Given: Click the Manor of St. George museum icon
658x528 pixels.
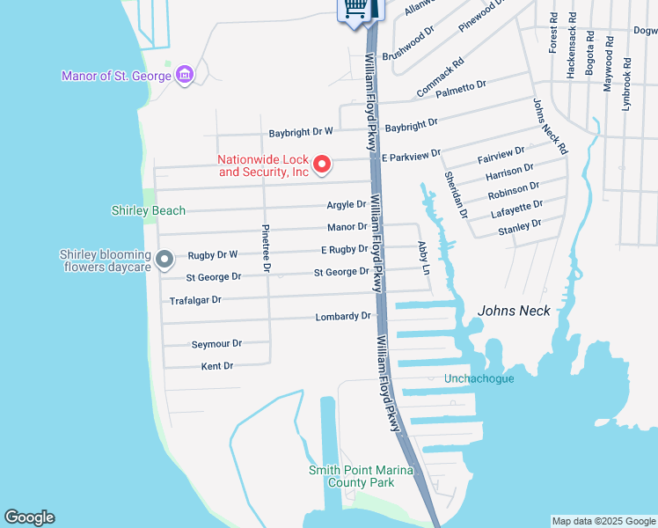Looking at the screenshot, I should [x=185, y=75].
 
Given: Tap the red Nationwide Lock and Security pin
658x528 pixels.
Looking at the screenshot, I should [x=322, y=164].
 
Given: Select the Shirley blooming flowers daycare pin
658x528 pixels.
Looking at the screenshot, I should [x=164, y=259].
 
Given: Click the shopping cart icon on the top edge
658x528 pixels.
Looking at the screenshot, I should [x=355, y=8].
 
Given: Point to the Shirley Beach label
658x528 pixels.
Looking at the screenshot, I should [x=149, y=210].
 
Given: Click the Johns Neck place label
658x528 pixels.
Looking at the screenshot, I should [x=514, y=311].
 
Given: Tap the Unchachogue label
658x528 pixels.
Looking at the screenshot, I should [x=479, y=378].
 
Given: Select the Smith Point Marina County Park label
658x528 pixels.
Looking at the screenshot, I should [x=361, y=476].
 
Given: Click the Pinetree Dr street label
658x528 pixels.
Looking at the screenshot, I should [x=267, y=248].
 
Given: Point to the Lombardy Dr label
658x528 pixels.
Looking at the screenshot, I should [x=343, y=317].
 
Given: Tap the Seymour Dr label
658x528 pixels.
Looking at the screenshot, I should [x=216, y=344].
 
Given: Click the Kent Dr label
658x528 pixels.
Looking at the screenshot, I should [x=217, y=366].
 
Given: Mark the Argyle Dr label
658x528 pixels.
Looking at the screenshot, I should [x=347, y=205].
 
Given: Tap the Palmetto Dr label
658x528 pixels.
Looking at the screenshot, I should [x=462, y=86].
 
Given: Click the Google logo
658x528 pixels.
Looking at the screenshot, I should [x=29, y=517].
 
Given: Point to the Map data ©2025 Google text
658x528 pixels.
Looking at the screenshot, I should [x=603, y=521].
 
